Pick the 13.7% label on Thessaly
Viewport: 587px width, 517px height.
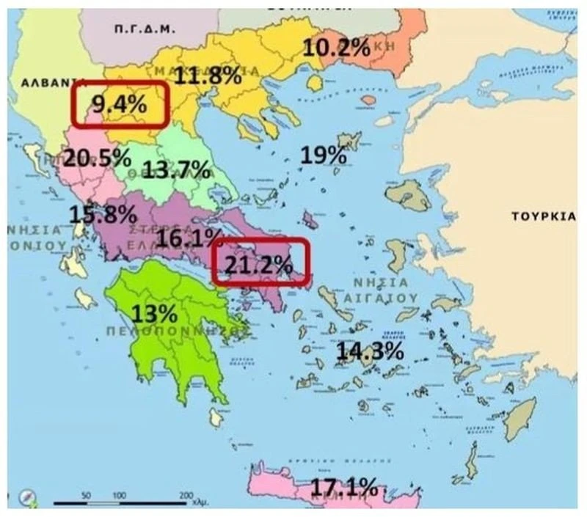(176, 169)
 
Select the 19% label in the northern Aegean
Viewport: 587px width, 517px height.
(323, 155)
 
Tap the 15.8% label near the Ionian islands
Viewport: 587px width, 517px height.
(103, 214)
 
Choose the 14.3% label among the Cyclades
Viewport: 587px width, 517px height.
(370, 351)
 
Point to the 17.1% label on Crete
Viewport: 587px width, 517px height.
(343, 485)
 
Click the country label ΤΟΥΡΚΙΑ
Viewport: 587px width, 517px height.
(543, 217)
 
